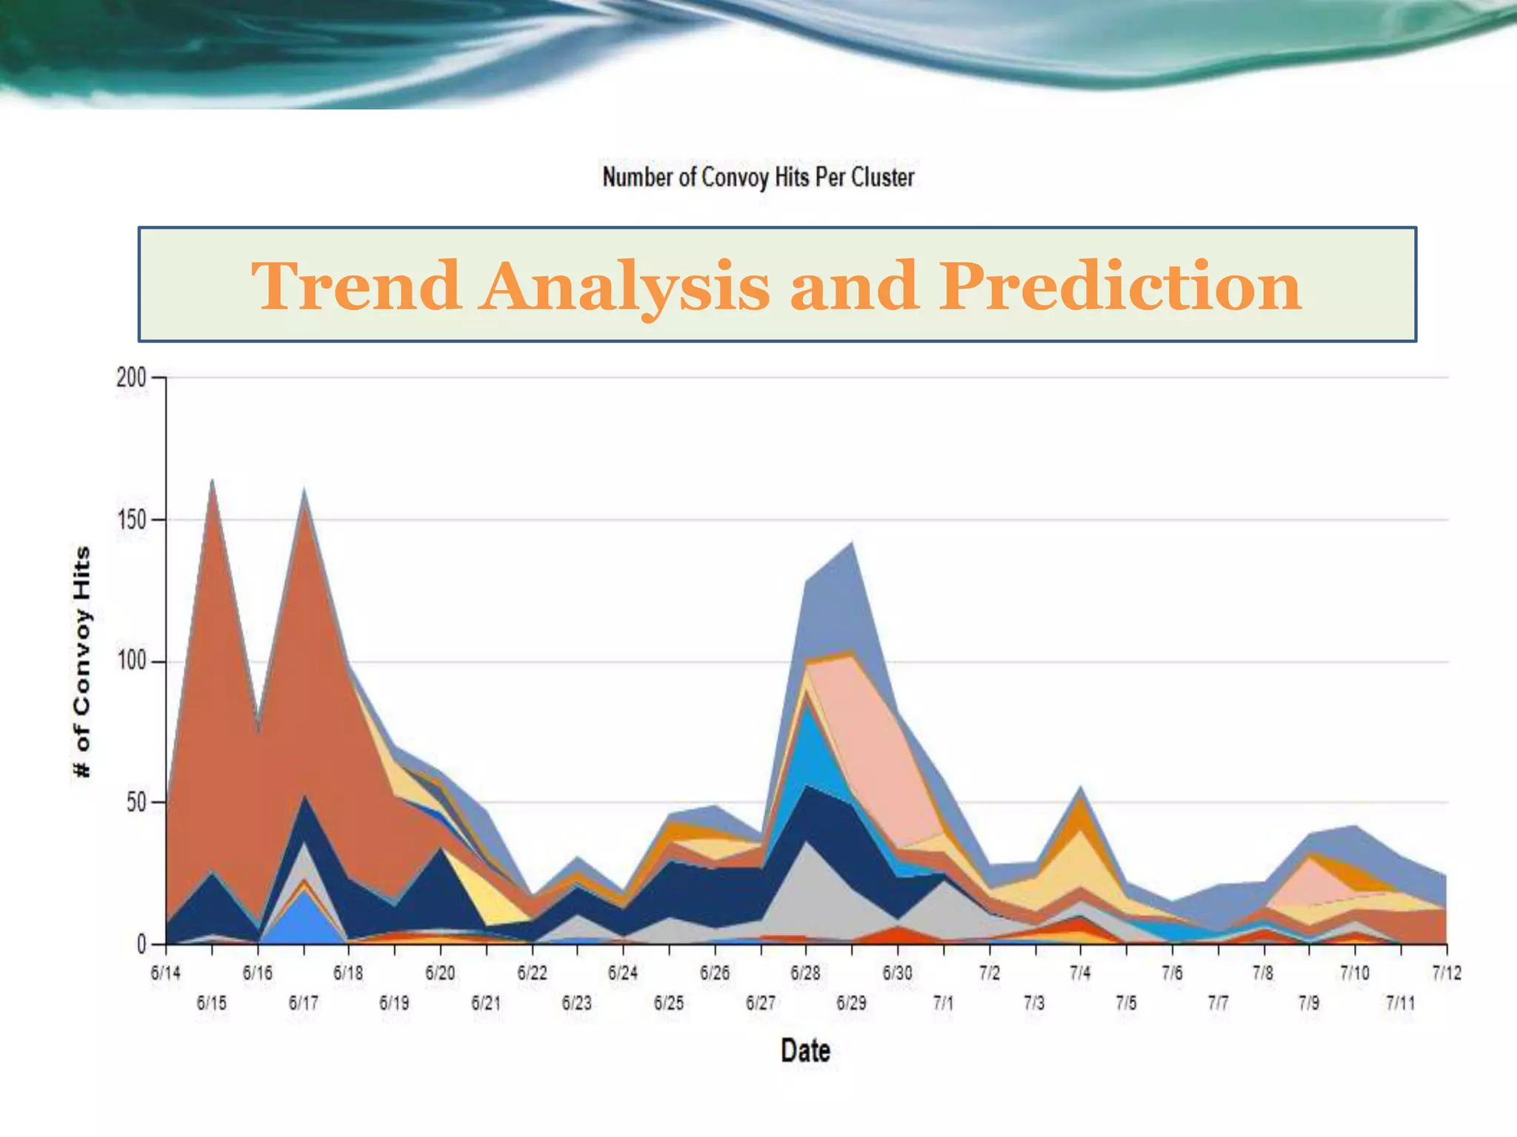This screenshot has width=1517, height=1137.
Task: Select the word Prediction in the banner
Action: [1119, 286]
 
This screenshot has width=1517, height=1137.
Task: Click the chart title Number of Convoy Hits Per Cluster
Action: [758, 178]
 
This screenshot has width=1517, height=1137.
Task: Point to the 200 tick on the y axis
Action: [132, 378]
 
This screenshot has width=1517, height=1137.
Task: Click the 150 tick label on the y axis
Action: [132, 520]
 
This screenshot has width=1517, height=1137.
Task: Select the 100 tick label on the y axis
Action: [132, 661]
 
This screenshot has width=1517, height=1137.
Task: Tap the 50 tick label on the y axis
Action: [136, 802]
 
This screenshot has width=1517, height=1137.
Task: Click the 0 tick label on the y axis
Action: [141, 944]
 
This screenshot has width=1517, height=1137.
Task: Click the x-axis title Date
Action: [805, 1050]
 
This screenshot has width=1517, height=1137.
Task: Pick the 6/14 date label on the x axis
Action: [166, 973]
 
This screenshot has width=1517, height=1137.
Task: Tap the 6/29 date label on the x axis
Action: [851, 1003]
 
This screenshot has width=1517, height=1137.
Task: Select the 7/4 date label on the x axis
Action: [1080, 973]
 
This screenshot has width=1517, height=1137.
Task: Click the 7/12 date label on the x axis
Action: [1446, 973]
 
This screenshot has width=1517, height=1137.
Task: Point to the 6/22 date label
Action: [532, 973]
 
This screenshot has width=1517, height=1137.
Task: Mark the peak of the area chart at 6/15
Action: [212, 483]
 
